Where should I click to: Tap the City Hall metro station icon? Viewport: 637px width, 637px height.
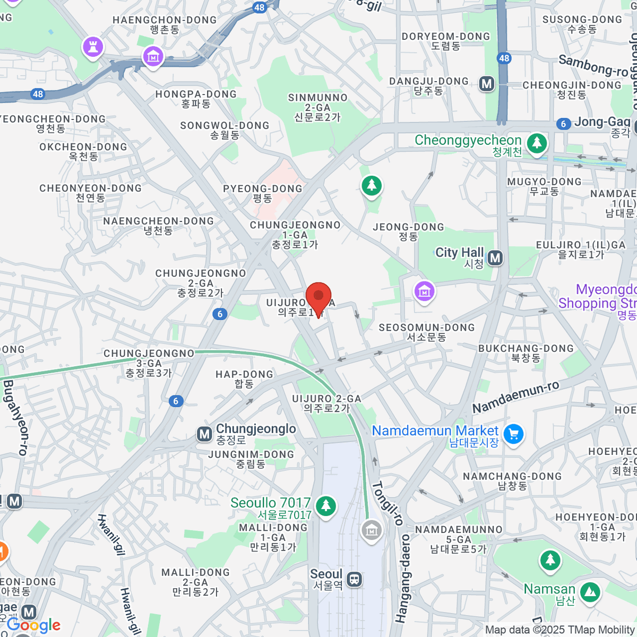click(495, 258)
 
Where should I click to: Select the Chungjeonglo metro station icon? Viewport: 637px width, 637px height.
click(204, 434)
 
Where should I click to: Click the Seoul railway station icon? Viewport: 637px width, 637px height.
click(354, 579)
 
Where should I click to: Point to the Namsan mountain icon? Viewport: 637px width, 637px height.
click(590, 592)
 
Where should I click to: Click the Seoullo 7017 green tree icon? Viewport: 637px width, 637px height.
click(326, 505)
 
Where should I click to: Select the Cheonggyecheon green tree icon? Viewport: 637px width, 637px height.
click(537, 143)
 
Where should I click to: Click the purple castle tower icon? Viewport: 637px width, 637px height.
click(93, 47)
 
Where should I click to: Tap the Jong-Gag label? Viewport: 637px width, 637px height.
click(602, 123)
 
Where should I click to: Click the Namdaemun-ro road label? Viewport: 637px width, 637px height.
click(515, 397)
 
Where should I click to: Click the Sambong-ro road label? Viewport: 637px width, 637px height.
click(593, 65)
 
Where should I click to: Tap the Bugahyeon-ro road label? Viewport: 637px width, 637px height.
click(15, 417)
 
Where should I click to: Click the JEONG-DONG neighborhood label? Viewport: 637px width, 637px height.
click(408, 227)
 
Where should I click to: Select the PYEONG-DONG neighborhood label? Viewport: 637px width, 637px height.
click(262, 189)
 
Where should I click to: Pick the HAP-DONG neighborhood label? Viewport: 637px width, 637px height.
click(244, 375)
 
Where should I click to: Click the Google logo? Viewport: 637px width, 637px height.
click(33, 625)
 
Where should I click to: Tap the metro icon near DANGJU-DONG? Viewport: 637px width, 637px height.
click(487, 83)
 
